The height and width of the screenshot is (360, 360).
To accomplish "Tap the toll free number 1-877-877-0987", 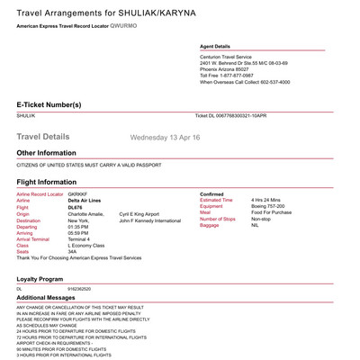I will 244,76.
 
